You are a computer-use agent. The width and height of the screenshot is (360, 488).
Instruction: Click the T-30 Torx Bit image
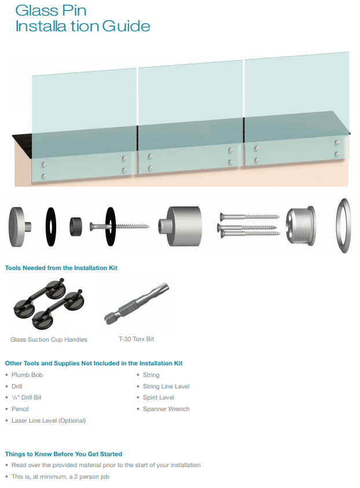point(137,304)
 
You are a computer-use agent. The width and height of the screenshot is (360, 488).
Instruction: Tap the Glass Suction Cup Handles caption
point(49,339)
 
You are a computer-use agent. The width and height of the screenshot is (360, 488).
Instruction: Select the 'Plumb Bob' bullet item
point(27,375)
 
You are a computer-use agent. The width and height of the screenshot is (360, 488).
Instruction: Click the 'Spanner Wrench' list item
point(166,409)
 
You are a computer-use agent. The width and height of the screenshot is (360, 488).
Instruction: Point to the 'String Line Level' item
point(166,386)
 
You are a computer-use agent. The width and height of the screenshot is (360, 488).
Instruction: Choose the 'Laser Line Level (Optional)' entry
point(49,420)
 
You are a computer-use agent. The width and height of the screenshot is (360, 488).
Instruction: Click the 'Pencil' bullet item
point(20,409)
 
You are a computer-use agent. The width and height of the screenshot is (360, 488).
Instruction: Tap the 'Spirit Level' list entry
point(158,397)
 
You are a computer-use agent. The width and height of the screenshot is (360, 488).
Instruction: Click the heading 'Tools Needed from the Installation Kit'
point(61,268)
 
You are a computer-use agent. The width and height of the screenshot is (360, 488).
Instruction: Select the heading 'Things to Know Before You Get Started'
point(64,454)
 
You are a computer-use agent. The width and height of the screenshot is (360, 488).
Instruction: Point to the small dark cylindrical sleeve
point(76,227)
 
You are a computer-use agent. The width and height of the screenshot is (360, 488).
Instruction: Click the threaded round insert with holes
point(301,225)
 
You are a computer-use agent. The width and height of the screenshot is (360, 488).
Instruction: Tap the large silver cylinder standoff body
point(180,226)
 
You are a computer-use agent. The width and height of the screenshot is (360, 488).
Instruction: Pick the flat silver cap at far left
point(19,227)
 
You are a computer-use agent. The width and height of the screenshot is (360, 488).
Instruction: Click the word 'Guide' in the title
point(126,26)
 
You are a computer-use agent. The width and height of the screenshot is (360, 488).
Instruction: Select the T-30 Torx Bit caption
point(137,339)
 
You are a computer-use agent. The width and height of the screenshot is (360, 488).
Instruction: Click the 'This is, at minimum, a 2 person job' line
point(60,476)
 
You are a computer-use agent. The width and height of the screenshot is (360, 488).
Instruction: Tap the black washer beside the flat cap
point(51,227)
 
